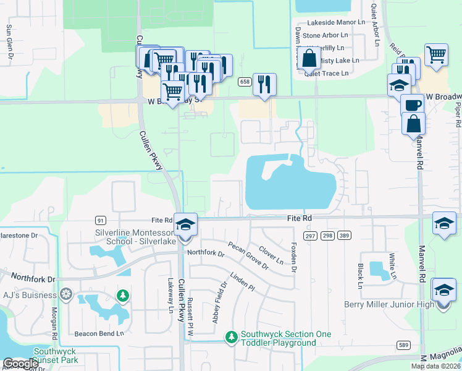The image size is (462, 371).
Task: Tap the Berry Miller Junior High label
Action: [x=395, y=304]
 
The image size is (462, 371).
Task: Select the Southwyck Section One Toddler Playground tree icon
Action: [x=231, y=337]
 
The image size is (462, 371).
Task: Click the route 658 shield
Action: [x=245, y=82]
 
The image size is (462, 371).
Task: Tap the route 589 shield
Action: [x=404, y=344]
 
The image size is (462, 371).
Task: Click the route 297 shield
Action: [x=310, y=236]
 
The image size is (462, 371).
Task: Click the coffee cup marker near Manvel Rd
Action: [x=412, y=104]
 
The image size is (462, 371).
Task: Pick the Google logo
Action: [x=20, y=364]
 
